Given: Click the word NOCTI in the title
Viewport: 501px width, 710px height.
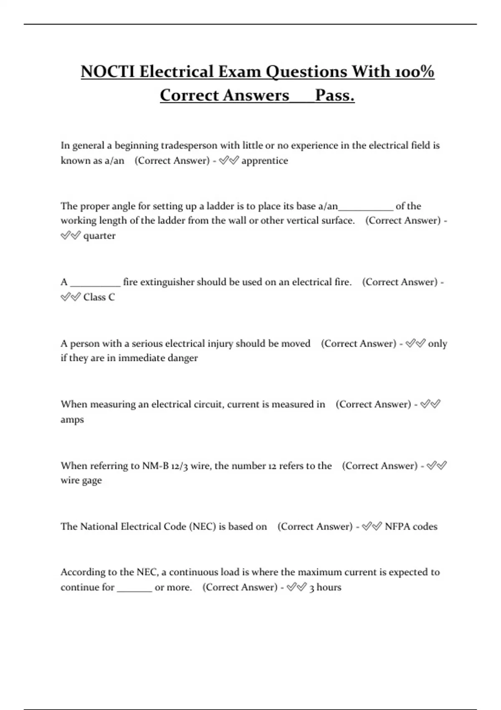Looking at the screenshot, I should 107,72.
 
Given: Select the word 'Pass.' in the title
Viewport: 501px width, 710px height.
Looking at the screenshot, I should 335,95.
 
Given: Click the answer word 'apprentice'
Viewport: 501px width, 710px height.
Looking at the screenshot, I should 265,161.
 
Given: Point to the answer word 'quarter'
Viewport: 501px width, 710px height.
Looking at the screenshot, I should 99,236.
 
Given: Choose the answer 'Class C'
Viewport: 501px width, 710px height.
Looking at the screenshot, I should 99,297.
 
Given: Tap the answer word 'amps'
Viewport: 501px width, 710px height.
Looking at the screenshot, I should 72,419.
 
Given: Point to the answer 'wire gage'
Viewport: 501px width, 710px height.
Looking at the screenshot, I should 81,481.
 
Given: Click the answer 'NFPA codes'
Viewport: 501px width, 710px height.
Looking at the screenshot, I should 411,527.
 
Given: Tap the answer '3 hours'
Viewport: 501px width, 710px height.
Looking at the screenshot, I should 325,588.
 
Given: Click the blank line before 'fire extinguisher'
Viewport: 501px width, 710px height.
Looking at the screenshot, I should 95,285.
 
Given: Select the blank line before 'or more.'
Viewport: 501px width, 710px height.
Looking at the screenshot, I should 134,590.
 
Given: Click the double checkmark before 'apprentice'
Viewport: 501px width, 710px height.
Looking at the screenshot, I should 228,161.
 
